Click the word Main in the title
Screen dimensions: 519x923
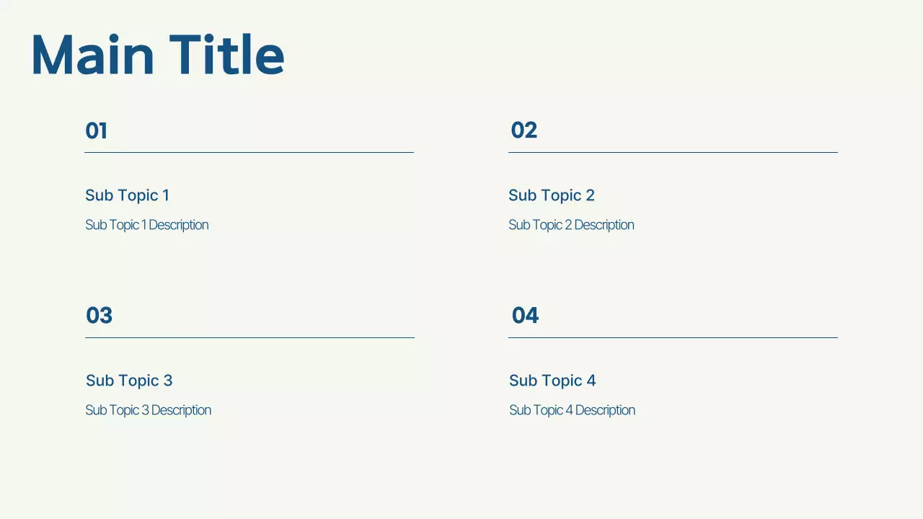[92, 56]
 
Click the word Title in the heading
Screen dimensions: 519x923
[227, 56]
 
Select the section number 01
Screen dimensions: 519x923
[97, 130]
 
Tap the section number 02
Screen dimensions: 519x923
[524, 130]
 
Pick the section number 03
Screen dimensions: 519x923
[100, 316]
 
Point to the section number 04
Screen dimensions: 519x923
[525, 316]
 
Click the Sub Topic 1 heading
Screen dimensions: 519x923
[127, 195]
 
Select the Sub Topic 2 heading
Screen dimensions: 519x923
[552, 195]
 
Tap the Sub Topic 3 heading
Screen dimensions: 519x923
[129, 381]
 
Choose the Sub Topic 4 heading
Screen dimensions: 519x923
[552, 381]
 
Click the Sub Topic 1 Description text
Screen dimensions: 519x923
[146, 225]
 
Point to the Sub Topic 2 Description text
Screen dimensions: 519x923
[571, 225]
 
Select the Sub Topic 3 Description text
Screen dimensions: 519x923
[148, 410]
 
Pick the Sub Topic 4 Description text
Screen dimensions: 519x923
[572, 410]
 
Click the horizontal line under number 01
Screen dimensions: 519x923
[249, 152]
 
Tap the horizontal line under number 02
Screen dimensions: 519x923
[673, 152]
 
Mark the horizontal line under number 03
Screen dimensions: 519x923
[249, 337]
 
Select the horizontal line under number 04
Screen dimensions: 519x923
[673, 337]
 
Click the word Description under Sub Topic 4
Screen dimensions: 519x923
[605, 410]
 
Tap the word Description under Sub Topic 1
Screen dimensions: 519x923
[178, 225]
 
